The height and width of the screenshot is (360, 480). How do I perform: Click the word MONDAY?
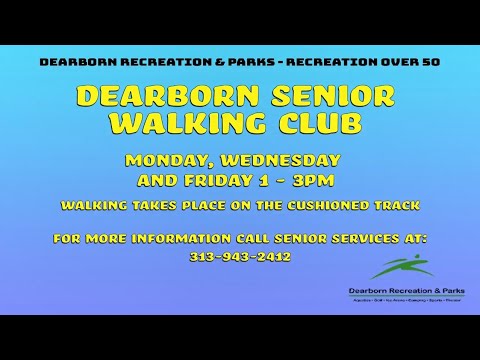click(167, 161)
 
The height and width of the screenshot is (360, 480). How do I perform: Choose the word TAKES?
click(164, 206)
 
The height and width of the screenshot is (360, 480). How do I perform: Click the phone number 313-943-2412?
click(239, 256)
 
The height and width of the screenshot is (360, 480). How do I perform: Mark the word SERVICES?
click(393, 239)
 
